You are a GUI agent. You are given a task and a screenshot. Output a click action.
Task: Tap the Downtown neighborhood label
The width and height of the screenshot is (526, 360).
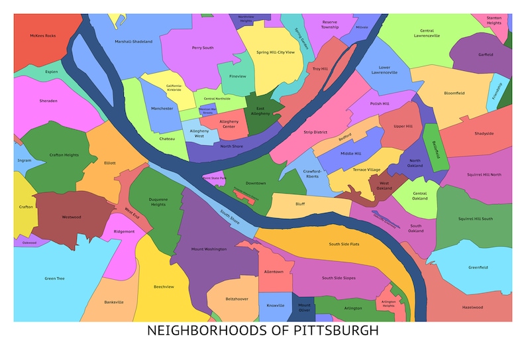pos(256,183)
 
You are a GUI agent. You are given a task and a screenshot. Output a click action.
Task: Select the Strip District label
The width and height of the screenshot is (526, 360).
pos(316,133)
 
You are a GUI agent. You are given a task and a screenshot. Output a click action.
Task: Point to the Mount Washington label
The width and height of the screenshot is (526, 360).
pos(209,249)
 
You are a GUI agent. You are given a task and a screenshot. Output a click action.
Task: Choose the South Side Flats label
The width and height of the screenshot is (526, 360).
pos(344,244)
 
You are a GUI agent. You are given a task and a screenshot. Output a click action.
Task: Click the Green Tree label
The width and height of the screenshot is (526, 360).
pos(54,278)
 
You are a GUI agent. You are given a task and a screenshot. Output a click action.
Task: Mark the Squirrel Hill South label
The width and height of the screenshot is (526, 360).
pos(475,219)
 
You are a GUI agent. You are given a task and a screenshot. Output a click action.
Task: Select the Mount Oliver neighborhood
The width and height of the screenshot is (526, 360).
pos(304,306)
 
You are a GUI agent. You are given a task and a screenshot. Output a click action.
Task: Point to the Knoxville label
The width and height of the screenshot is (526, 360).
pos(276,306)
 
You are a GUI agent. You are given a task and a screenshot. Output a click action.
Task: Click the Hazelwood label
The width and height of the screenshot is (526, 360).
pos(472,308)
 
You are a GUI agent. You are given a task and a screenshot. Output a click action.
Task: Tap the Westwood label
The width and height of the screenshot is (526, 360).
pos(71,217)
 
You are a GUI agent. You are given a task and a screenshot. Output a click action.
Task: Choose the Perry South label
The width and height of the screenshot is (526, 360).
pos(203,48)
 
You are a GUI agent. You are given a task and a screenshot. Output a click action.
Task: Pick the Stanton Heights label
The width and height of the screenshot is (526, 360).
pos(494,21)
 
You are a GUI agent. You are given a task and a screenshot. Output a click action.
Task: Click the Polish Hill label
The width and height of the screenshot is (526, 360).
pos(380,104)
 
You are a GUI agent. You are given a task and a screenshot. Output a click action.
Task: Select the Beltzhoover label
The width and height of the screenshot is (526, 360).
pos(237,299)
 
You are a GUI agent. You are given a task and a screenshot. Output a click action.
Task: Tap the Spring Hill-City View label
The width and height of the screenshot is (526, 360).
pos(276,52)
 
